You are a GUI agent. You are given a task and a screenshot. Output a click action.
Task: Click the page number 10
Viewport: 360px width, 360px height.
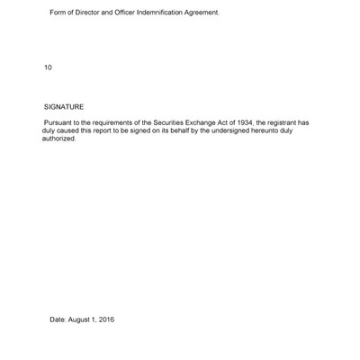(48, 67)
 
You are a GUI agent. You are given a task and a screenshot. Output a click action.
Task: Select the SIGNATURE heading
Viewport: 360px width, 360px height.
(64, 107)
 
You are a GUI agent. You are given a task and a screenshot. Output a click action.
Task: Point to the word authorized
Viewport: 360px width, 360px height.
(58, 139)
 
